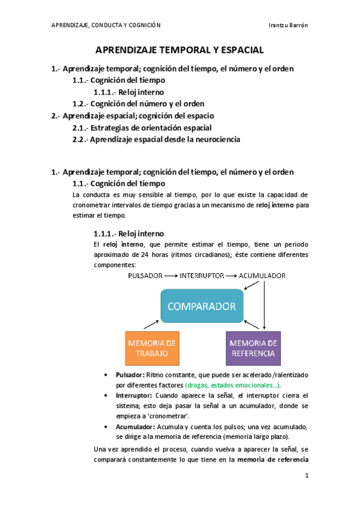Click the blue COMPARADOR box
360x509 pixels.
click(x=201, y=307)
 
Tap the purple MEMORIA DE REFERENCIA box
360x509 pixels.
click(x=253, y=348)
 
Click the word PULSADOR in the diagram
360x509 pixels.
click(x=145, y=276)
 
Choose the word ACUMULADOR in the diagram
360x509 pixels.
click(x=262, y=276)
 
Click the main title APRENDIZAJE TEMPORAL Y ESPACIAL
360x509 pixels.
click(x=180, y=51)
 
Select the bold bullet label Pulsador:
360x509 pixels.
click(x=130, y=375)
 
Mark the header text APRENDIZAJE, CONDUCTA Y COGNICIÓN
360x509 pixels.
click(x=107, y=24)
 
